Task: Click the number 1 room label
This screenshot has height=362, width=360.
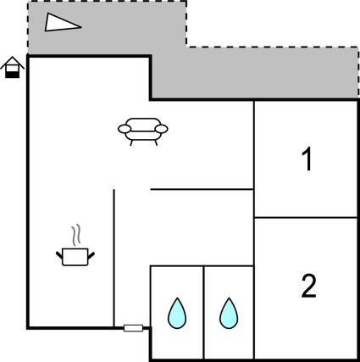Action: click(307, 159)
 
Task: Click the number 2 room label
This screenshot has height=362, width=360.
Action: click(308, 287)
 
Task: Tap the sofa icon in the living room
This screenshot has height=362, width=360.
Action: click(142, 131)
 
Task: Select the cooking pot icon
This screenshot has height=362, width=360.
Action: click(75, 256)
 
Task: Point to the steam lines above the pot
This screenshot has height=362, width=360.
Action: click(76, 234)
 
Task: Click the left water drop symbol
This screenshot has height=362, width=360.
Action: click(176, 313)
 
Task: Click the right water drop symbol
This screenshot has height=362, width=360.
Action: click(228, 313)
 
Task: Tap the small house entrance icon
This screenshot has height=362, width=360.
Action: click(12, 68)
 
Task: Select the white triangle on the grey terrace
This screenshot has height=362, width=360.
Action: click(62, 23)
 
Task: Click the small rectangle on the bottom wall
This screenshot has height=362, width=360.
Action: click(133, 327)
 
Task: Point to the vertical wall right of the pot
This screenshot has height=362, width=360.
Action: click(114, 254)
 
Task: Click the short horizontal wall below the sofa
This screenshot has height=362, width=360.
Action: click(202, 189)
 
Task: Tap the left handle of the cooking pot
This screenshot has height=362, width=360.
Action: click(59, 251)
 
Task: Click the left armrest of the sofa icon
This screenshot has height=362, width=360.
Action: click(124, 129)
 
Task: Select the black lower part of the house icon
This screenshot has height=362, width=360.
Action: click(12, 74)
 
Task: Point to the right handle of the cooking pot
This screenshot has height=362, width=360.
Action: click(92, 251)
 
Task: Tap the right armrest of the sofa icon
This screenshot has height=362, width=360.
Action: click(162, 129)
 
